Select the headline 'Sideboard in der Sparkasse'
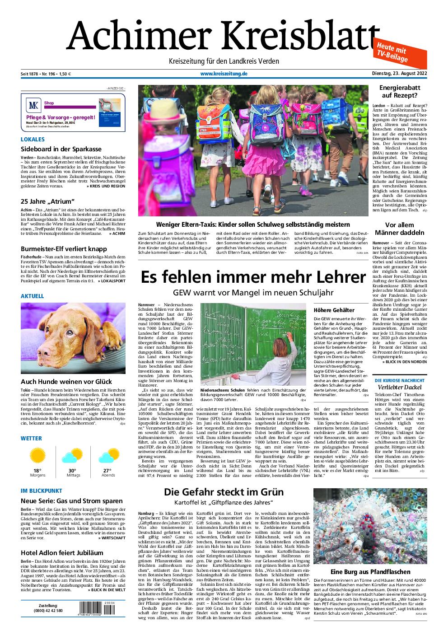(61, 149)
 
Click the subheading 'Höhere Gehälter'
(334, 310)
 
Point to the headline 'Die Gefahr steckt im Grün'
(224, 492)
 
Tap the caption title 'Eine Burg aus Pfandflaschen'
(370, 571)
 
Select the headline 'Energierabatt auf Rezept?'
(398, 92)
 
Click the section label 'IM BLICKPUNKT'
(41, 491)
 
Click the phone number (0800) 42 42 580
(48, 611)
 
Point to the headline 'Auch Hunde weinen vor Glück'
(66, 382)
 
